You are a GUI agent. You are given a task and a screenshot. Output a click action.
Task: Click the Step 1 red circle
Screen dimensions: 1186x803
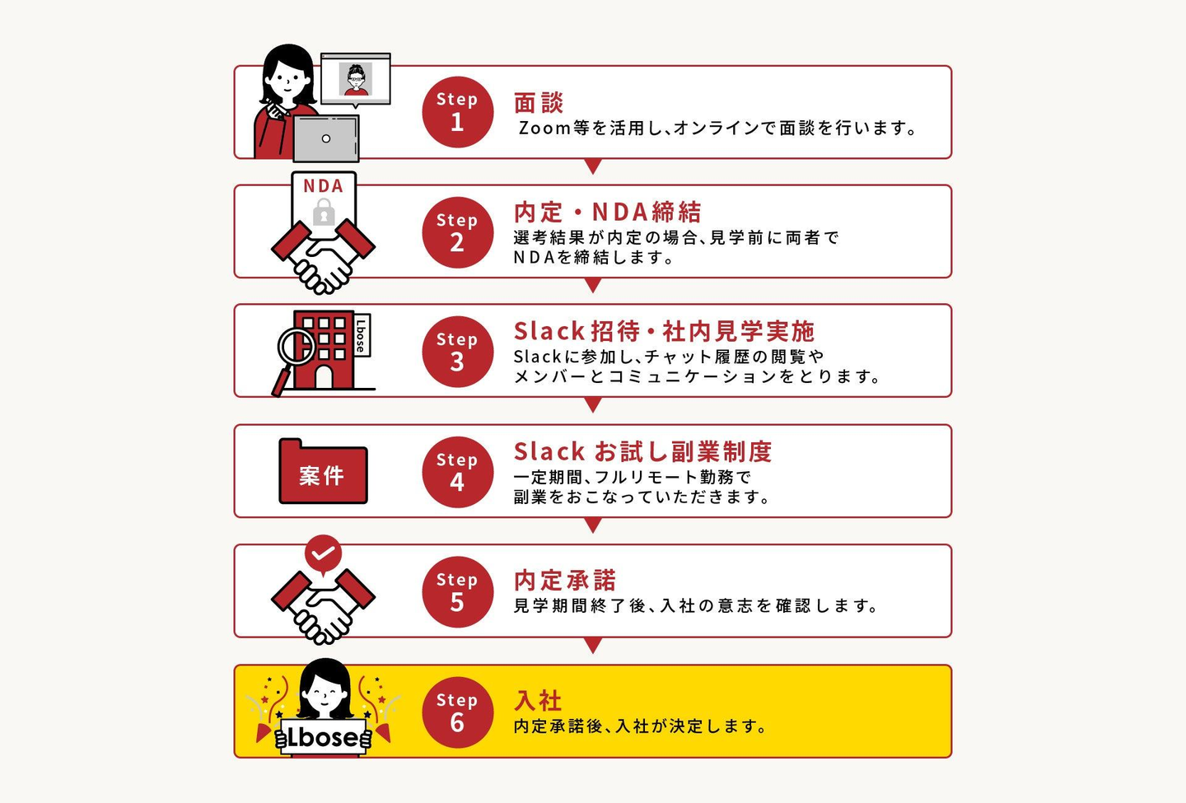(x=457, y=112)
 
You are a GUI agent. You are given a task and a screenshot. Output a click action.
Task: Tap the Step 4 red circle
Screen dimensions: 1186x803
(x=457, y=472)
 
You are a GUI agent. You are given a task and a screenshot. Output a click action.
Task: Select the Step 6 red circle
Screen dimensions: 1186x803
(x=457, y=712)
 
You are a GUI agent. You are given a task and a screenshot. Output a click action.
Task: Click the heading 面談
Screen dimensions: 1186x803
(x=539, y=103)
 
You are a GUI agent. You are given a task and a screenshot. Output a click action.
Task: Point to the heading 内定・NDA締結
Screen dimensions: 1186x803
(x=607, y=212)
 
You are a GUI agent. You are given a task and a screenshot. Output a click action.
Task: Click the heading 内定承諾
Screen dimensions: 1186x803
(x=565, y=580)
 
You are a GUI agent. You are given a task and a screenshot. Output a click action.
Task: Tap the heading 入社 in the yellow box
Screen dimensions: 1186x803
(x=538, y=701)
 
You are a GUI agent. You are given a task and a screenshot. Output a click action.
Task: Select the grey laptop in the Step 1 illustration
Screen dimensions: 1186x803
(x=326, y=138)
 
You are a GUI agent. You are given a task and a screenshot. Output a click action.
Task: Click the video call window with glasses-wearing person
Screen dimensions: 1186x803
(x=355, y=79)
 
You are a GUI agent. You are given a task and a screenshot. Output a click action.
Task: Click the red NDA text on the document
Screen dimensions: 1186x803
(x=323, y=186)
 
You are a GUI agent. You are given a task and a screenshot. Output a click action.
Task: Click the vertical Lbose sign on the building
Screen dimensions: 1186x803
(x=361, y=335)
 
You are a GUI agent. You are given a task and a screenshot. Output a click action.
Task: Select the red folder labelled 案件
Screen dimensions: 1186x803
(x=323, y=471)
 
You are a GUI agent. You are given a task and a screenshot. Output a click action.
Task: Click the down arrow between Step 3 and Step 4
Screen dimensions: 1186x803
(x=593, y=405)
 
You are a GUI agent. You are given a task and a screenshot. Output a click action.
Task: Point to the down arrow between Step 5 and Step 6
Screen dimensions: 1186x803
(x=593, y=645)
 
